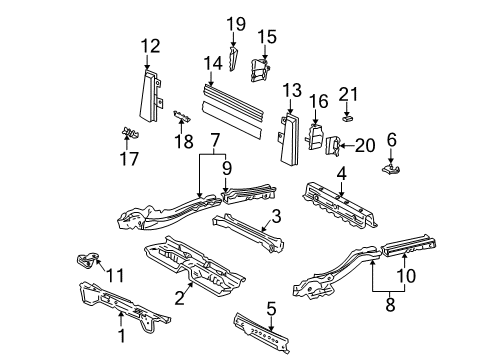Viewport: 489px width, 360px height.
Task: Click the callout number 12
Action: (150, 46)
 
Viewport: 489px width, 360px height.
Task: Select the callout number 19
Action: (236, 24)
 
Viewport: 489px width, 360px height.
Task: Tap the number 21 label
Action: (348, 94)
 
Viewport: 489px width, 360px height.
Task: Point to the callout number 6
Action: (392, 139)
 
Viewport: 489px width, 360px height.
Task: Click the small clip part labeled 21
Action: (348, 118)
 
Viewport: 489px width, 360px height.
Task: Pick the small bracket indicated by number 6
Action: (391, 168)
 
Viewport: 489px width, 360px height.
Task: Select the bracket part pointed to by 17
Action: (130, 132)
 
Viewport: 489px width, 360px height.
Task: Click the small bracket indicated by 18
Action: (182, 116)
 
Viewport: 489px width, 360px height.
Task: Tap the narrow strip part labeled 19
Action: (233, 59)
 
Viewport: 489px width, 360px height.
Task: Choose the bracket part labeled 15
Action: (260, 70)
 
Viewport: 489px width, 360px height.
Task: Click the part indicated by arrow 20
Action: (333, 146)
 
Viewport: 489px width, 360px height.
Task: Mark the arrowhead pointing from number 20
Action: (340, 146)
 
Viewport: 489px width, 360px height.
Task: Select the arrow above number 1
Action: (121, 319)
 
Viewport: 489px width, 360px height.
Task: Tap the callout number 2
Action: (179, 298)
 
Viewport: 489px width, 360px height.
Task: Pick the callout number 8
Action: (390, 304)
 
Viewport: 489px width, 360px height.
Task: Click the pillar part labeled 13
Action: (288, 139)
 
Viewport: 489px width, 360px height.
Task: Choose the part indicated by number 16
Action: (315, 137)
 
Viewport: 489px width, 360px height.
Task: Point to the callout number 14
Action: (213, 63)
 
